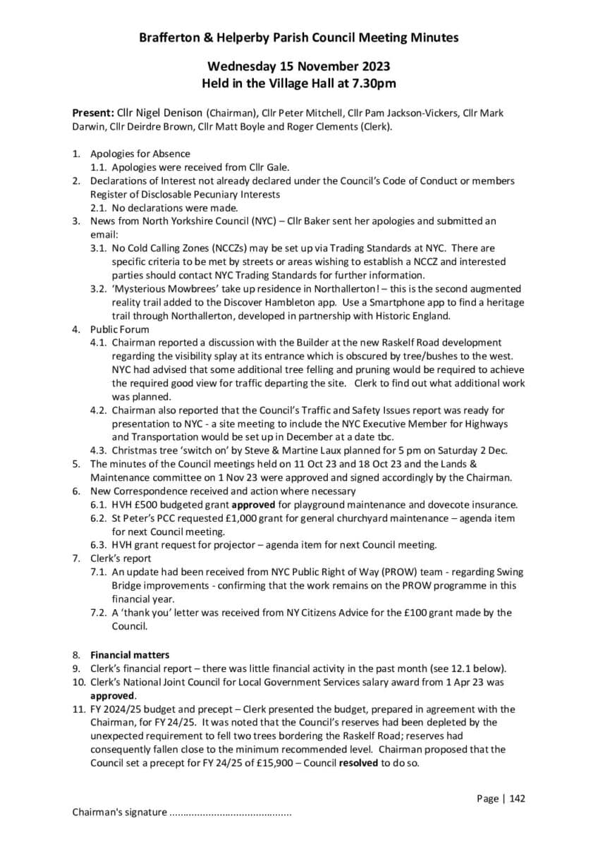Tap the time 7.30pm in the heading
tap(373, 84)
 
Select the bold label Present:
tap(93, 113)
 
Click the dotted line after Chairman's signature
tap(231, 812)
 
